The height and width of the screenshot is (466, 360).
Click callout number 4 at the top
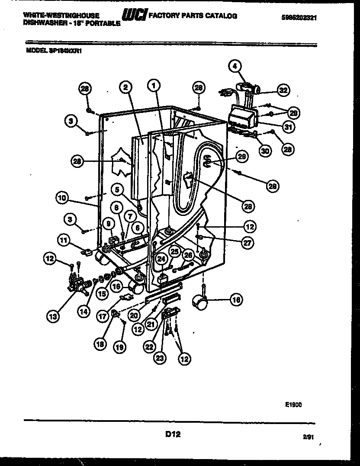pos(234,66)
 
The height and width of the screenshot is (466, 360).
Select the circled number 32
pos(283,90)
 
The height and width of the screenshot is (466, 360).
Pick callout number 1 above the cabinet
pos(153,86)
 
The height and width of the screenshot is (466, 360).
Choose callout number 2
pos(125,87)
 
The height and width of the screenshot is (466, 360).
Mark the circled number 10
pos(62,198)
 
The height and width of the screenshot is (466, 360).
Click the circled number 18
pos(101,344)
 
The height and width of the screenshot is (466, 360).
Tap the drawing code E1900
pos(293,405)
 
